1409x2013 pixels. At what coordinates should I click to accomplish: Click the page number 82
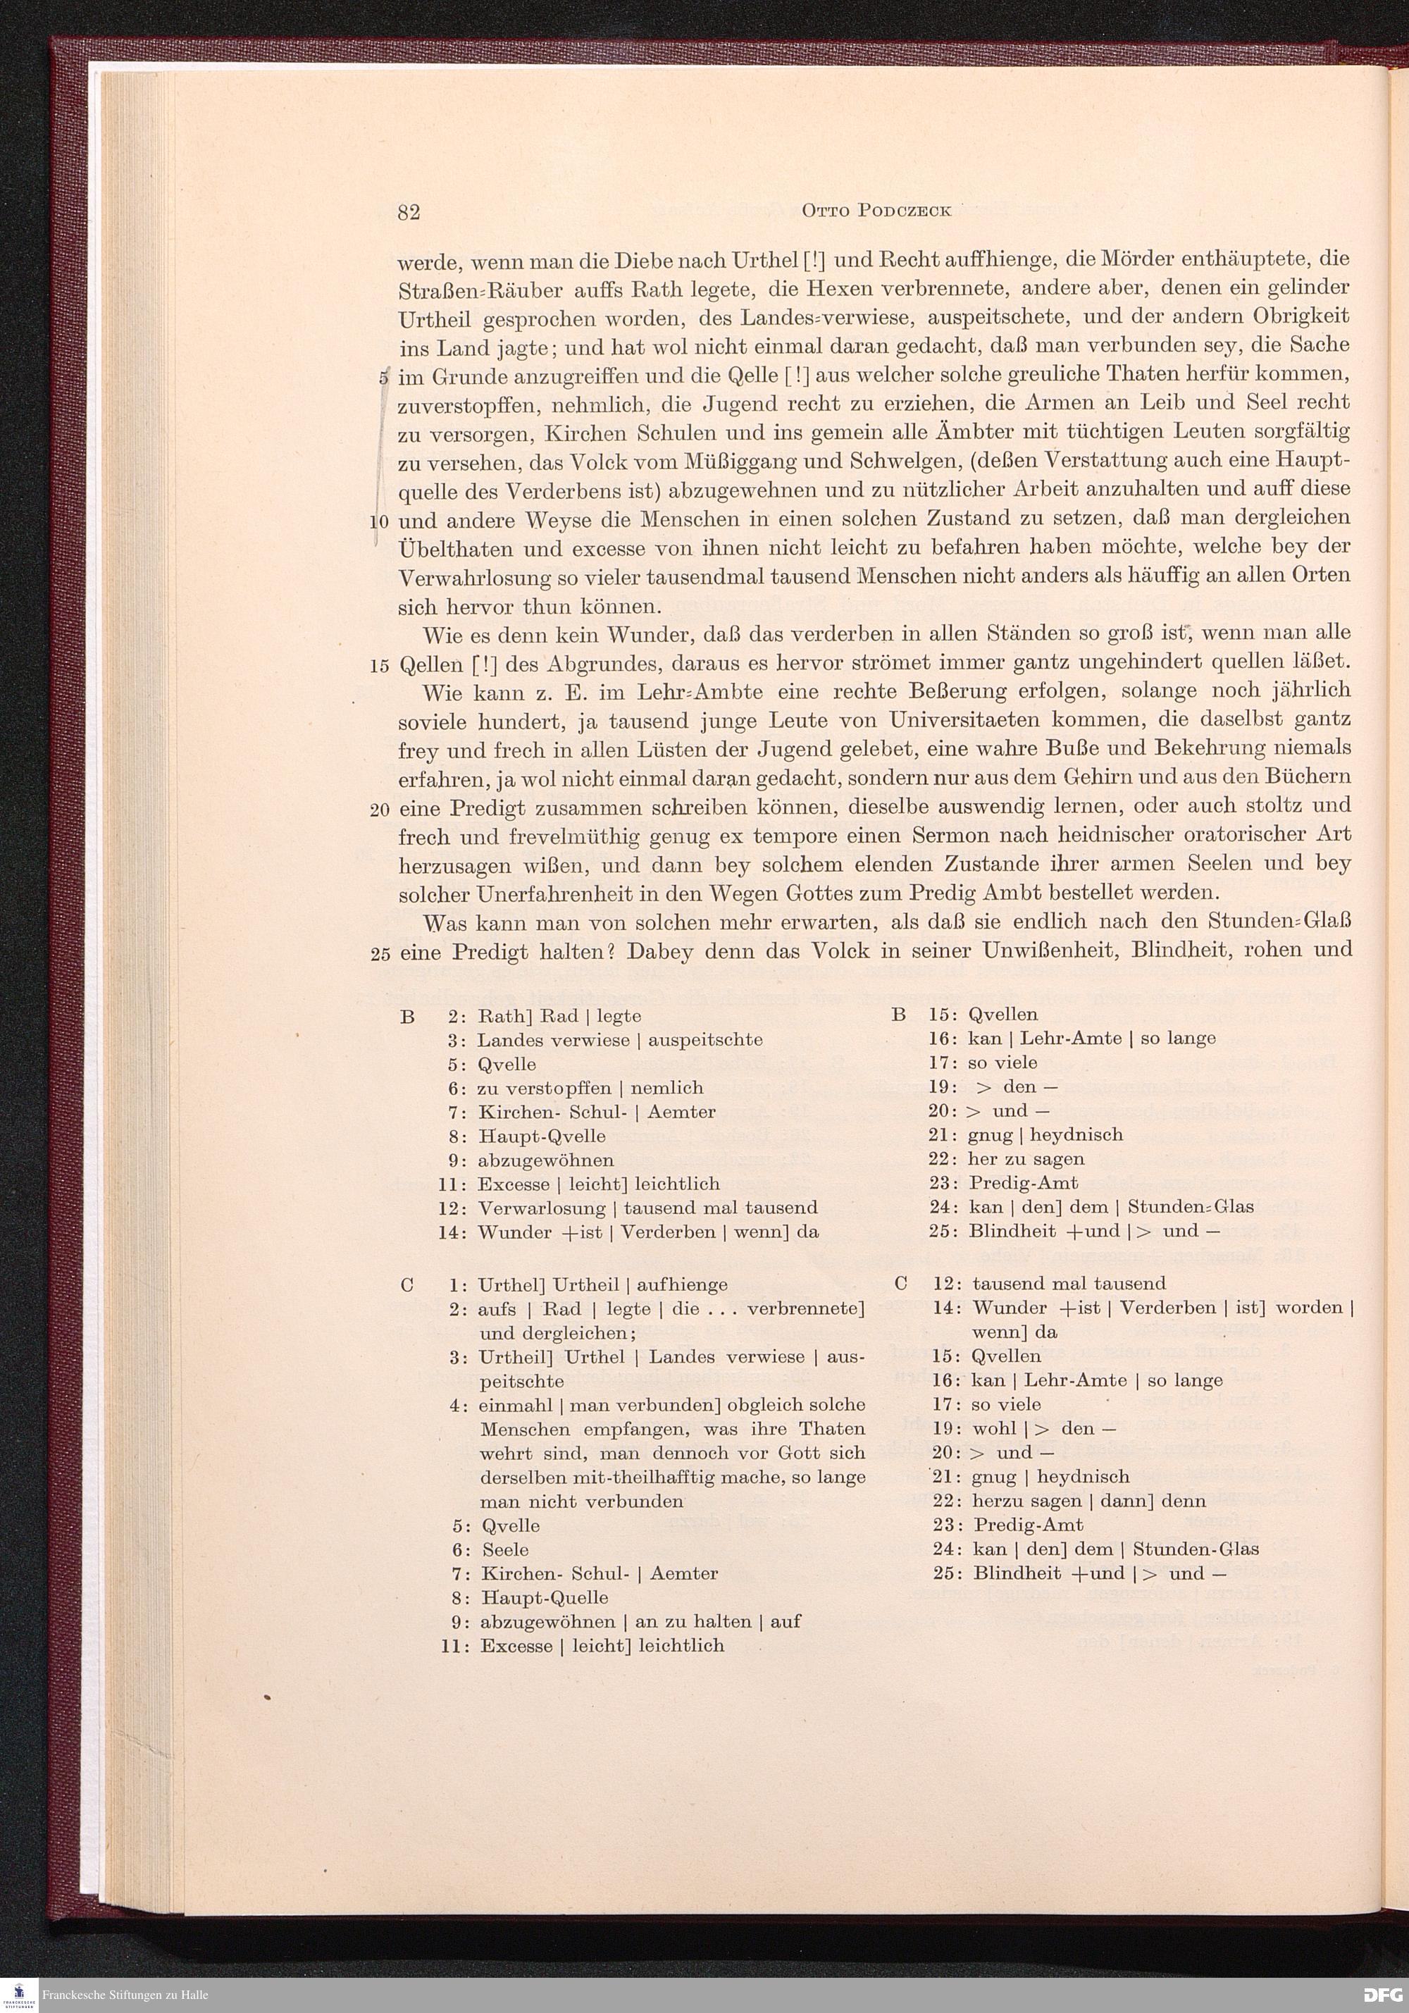pos(409,213)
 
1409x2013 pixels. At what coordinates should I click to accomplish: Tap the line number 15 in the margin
pos(380,665)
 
